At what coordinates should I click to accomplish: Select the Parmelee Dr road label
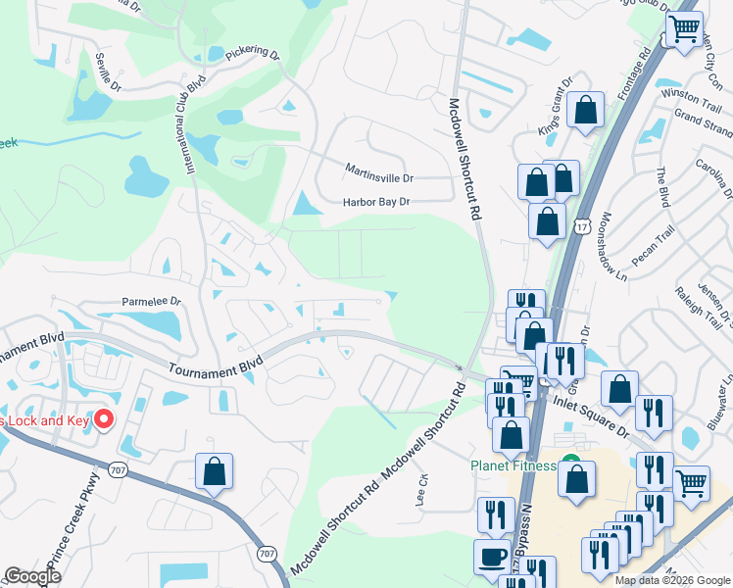152,302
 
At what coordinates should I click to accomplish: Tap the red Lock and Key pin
103,420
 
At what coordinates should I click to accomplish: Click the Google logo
33,576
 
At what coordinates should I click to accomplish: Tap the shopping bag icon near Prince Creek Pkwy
214,472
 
